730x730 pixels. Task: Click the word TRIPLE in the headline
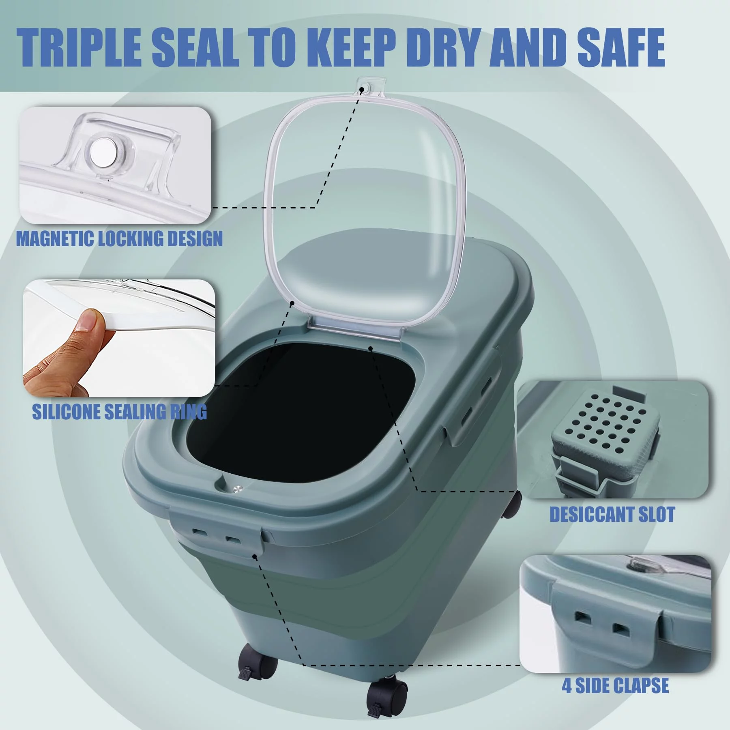click(x=79, y=47)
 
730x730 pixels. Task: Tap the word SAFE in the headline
click(x=621, y=47)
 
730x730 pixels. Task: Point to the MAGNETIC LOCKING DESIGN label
click(x=120, y=238)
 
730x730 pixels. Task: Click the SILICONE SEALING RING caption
click(x=120, y=412)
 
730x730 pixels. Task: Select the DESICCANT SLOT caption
click(x=612, y=515)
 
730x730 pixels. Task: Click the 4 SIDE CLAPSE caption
click(x=615, y=686)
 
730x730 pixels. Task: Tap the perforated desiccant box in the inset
click(x=604, y=434)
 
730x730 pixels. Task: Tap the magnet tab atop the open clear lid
click(x=367, y=87)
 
